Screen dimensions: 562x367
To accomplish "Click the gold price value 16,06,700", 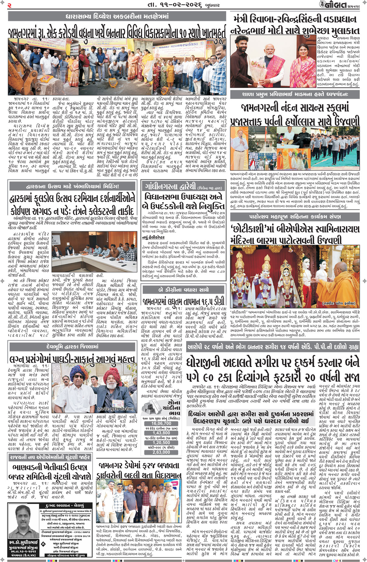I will [x=161, y=423].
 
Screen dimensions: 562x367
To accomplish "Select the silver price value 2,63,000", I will [x=161, y=452].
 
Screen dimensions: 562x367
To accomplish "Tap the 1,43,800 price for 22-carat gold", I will [x=161, y=433].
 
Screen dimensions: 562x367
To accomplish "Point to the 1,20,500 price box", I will [x=161, y=442].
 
